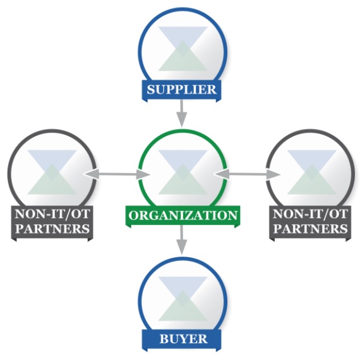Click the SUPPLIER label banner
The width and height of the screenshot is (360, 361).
181,90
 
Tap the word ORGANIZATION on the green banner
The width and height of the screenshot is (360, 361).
183,215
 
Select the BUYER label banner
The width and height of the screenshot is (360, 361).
181,340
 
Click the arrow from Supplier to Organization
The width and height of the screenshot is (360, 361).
182,113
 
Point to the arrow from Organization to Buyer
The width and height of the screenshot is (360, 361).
182,240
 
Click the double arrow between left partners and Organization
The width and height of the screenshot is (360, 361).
117,174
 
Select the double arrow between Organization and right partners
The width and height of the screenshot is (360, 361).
248,174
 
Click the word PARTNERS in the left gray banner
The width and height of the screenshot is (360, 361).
52,229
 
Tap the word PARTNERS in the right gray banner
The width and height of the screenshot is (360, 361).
311,229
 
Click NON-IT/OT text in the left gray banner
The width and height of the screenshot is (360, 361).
52,214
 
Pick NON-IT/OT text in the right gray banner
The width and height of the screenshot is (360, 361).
310,214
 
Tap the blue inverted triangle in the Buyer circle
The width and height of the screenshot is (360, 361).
183,288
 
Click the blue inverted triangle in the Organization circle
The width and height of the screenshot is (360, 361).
183,161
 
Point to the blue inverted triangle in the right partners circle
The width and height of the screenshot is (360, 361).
312,161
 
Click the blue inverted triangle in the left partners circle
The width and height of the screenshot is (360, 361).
52,161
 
